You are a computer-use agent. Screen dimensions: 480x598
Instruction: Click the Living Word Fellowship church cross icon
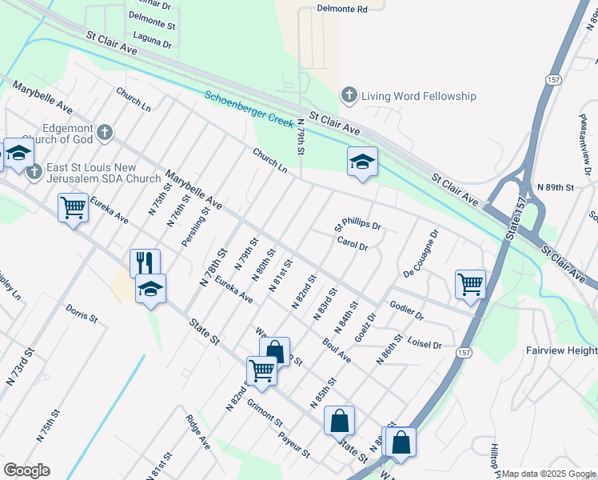click(349, 96)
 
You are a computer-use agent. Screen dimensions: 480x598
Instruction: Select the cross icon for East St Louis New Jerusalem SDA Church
click(34, 171)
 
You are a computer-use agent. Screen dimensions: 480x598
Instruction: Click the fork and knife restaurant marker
click(145, 262)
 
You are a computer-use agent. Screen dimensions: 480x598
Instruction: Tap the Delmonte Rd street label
click(341, 10)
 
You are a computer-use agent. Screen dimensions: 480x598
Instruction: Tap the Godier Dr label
click(407, 310)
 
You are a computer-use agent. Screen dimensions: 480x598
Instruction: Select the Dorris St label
click(82, 312)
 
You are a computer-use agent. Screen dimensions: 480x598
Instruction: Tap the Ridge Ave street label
click(197, 431)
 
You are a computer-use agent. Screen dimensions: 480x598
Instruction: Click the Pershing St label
click(194, 227)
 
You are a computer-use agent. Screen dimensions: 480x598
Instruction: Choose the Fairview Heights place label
click(561, 350)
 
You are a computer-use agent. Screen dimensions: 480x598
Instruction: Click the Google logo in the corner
click(27, 470)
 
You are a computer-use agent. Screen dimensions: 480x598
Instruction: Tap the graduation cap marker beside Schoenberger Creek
click(362, 162)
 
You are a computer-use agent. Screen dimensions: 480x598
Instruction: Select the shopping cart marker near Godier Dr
click(470, 284)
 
